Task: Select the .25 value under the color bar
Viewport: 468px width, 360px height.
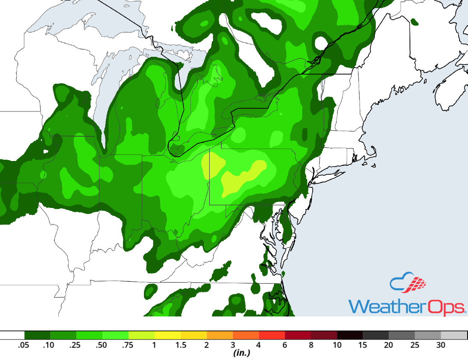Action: tap(75, 345)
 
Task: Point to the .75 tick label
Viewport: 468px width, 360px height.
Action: tap(127, 345)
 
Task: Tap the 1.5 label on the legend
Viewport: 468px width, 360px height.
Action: tap(180, 345)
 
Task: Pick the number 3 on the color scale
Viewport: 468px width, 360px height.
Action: tap(233, 345)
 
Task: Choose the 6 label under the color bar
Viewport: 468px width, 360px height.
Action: tap(285, 345)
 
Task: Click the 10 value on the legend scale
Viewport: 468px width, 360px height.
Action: tap(337, 345)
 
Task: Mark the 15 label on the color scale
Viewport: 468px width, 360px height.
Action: tap(363, 345)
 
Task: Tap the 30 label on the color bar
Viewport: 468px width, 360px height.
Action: tap(441, 345)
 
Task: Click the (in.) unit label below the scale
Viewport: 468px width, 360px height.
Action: tap(241, 353)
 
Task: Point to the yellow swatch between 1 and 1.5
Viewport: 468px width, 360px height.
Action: tap(167, 335)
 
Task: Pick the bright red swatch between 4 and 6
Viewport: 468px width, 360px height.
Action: tap(272, 335)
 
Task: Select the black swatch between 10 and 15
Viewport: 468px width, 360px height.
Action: tap(350, 335)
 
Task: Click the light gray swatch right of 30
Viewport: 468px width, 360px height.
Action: tap(453, 335)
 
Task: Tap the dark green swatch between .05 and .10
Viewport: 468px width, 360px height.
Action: tap(37, 335)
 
